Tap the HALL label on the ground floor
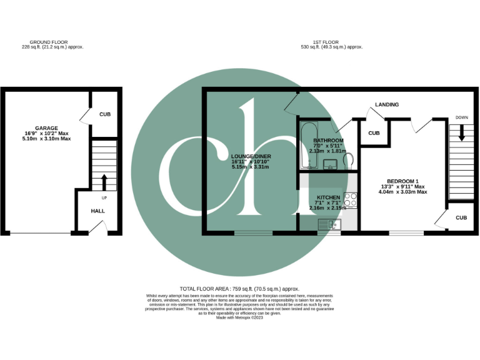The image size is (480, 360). click(97, 211)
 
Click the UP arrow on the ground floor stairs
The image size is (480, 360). click(104, 182)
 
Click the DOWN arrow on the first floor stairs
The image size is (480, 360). click(461, 132)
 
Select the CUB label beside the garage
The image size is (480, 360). click(105, 114)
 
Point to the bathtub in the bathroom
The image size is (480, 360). click(305, 146)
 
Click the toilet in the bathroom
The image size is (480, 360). click(349, 161)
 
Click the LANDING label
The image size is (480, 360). click(386, 104)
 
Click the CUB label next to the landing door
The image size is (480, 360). click(374, 133)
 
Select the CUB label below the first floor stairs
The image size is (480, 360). click(461, 217)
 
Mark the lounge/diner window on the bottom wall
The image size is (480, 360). click(253, 234)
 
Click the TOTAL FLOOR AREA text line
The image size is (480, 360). click(239, 289)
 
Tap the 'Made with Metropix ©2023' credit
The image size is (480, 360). click(239, 317)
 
